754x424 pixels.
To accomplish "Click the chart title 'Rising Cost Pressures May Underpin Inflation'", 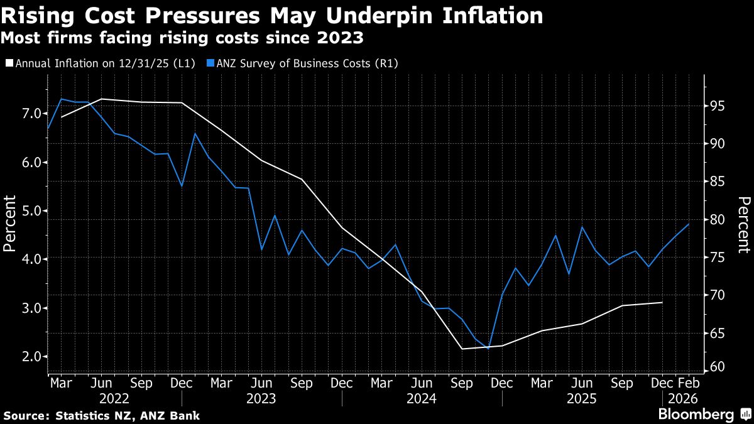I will click(272, 16).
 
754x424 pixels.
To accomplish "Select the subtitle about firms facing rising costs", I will click(182, 38).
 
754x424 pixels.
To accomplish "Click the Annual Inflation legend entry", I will click(103, 63).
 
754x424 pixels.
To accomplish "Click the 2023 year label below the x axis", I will click(261, 398).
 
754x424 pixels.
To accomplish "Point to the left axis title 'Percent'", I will click(10, 224).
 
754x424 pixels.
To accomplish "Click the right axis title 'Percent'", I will click(744, 224).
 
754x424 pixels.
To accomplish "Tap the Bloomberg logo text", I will click(696, 414).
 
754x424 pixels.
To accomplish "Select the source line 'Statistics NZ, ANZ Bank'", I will click(102, 415).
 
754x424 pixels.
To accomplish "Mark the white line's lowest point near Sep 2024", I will click(462, 349).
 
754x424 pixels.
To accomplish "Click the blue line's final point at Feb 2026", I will click(689, 224).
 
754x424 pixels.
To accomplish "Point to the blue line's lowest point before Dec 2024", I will click(488, 349).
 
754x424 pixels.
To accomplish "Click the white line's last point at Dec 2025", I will click(662, 303).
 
